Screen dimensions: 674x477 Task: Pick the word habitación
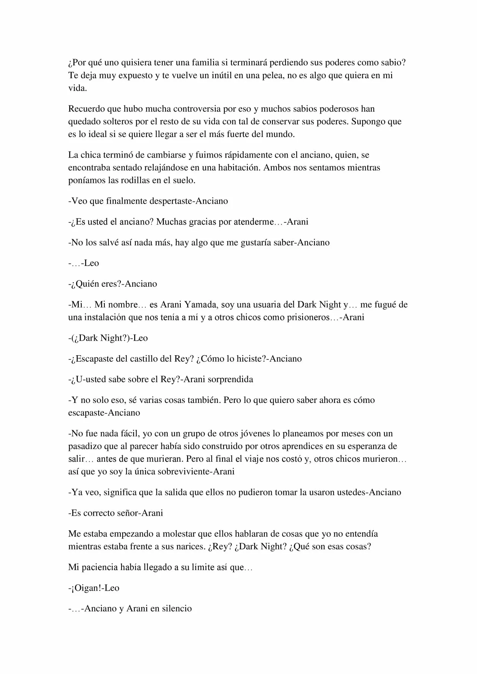coord(241,168)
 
